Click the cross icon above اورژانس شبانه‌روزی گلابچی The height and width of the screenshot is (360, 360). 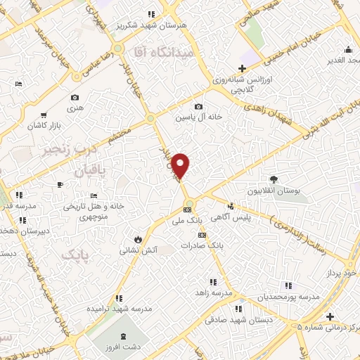[243, 69]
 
